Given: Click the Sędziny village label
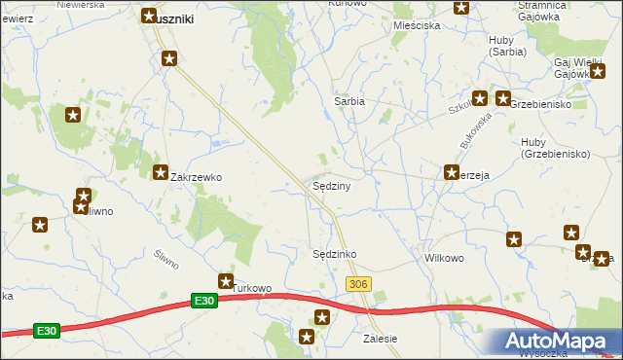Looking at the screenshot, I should pyautogui.click(x=331, y=185).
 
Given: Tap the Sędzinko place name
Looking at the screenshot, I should pyautogui.click(x=334, y=254).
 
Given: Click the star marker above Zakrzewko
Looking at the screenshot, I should pyautogui.click(x=161, y=172).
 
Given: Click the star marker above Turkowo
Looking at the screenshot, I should pyautogui.click(x=226, y=280).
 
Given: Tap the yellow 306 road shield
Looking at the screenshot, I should pyautogui.click(x=358, y=282).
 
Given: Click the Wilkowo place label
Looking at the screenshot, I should pyautogui.click(x=443, y=260).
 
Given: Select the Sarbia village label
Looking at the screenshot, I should pyautogui.click(x=349, y=100).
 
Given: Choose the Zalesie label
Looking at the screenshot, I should pyautogui.click(x=380, y=339).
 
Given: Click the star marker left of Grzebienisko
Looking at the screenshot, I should pyautogui.click(x=502, y=98).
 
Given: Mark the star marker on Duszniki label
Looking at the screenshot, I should pyautogui.click(x=149, y=16).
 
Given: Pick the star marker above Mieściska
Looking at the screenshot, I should pyautogui.click(x=461, y=7).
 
